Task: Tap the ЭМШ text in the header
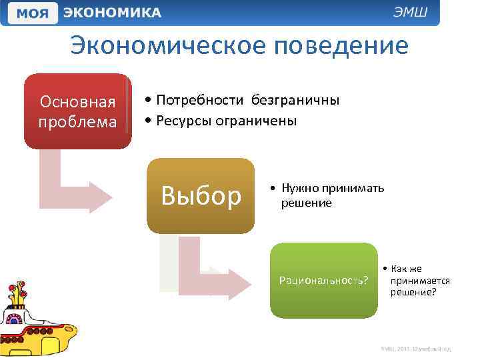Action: click(413, 13)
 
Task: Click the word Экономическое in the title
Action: click(167, 47)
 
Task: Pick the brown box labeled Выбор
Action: click(201, 195)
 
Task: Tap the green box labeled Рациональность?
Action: click(323, 280)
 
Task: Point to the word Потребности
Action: click(199, 100)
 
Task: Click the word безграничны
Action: click(295, 100)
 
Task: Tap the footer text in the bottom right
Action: click(416, 348)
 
